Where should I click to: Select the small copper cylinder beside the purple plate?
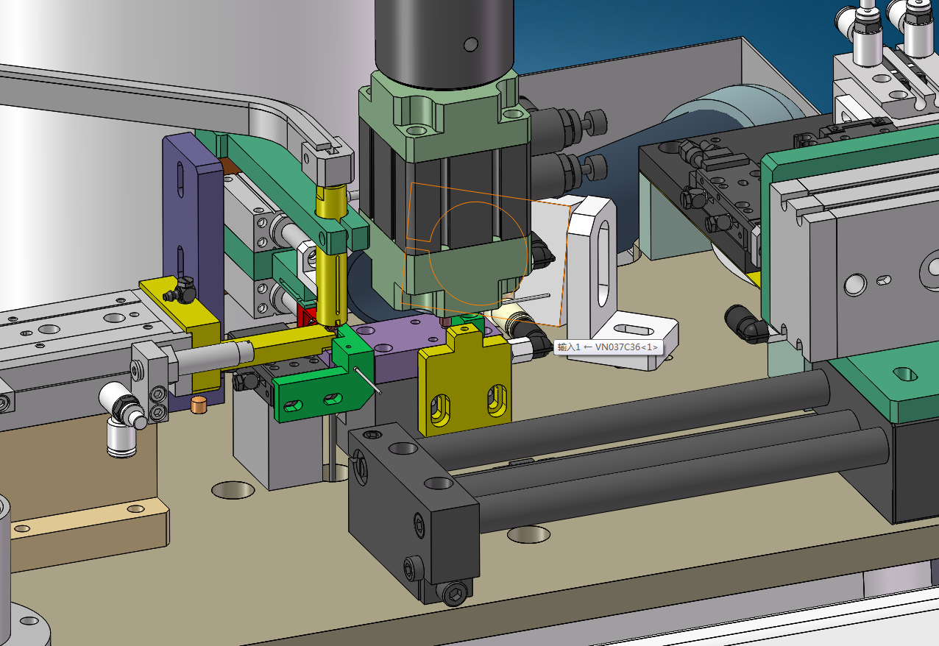(x=198, y=404)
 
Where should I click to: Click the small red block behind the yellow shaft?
(x=307, y=315)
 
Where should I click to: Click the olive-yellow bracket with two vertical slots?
(x=464, y=390)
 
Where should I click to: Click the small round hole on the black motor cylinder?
(x=470, y=46)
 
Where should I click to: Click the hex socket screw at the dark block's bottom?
(x=457, y=593)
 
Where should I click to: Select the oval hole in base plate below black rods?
(x=528, y=534)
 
